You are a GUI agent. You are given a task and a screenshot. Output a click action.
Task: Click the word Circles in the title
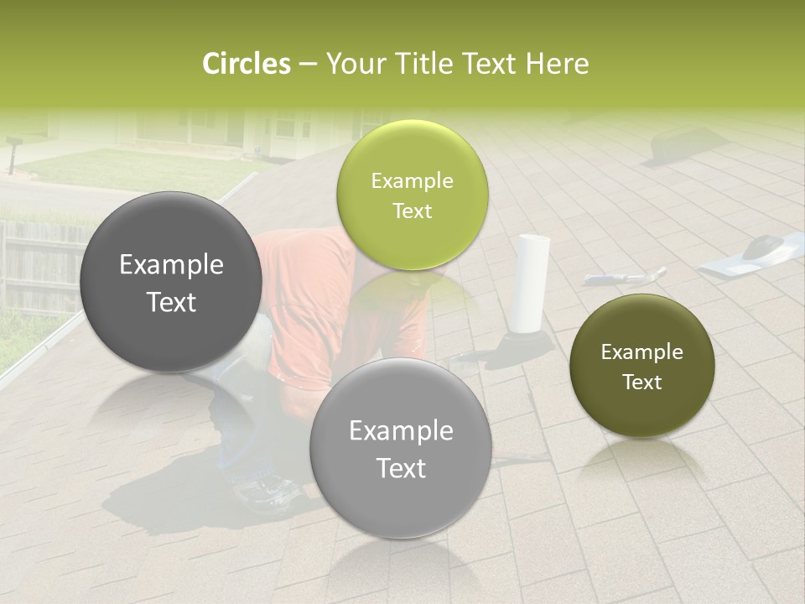click(x=247, y=64)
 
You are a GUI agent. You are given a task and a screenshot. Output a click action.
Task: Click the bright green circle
click(x=412, y=195)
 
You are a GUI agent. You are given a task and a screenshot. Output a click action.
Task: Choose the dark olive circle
click(x=641, y=366)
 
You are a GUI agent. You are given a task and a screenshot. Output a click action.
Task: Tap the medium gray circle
click(x=401, y=448)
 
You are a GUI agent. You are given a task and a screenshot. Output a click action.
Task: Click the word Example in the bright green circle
click(x=412, y=180)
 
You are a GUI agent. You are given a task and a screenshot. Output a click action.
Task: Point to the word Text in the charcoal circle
click(x=171, y=302)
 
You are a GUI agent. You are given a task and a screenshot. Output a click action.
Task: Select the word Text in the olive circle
click(x=642, y=382)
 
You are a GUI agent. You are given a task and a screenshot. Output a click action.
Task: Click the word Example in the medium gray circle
click(x=401, y=431)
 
